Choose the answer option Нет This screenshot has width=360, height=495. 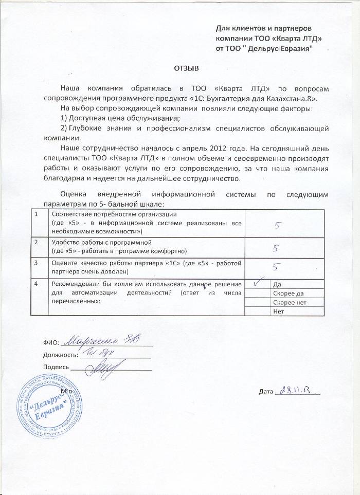click(x=280, y=311)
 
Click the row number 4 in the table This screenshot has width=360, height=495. click(x=36, y=284)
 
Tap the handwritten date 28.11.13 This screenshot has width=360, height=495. click(x=296, y=390)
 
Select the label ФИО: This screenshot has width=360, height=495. click(x=50, y=342)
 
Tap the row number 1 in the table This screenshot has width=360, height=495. click(x=36, y=214)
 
